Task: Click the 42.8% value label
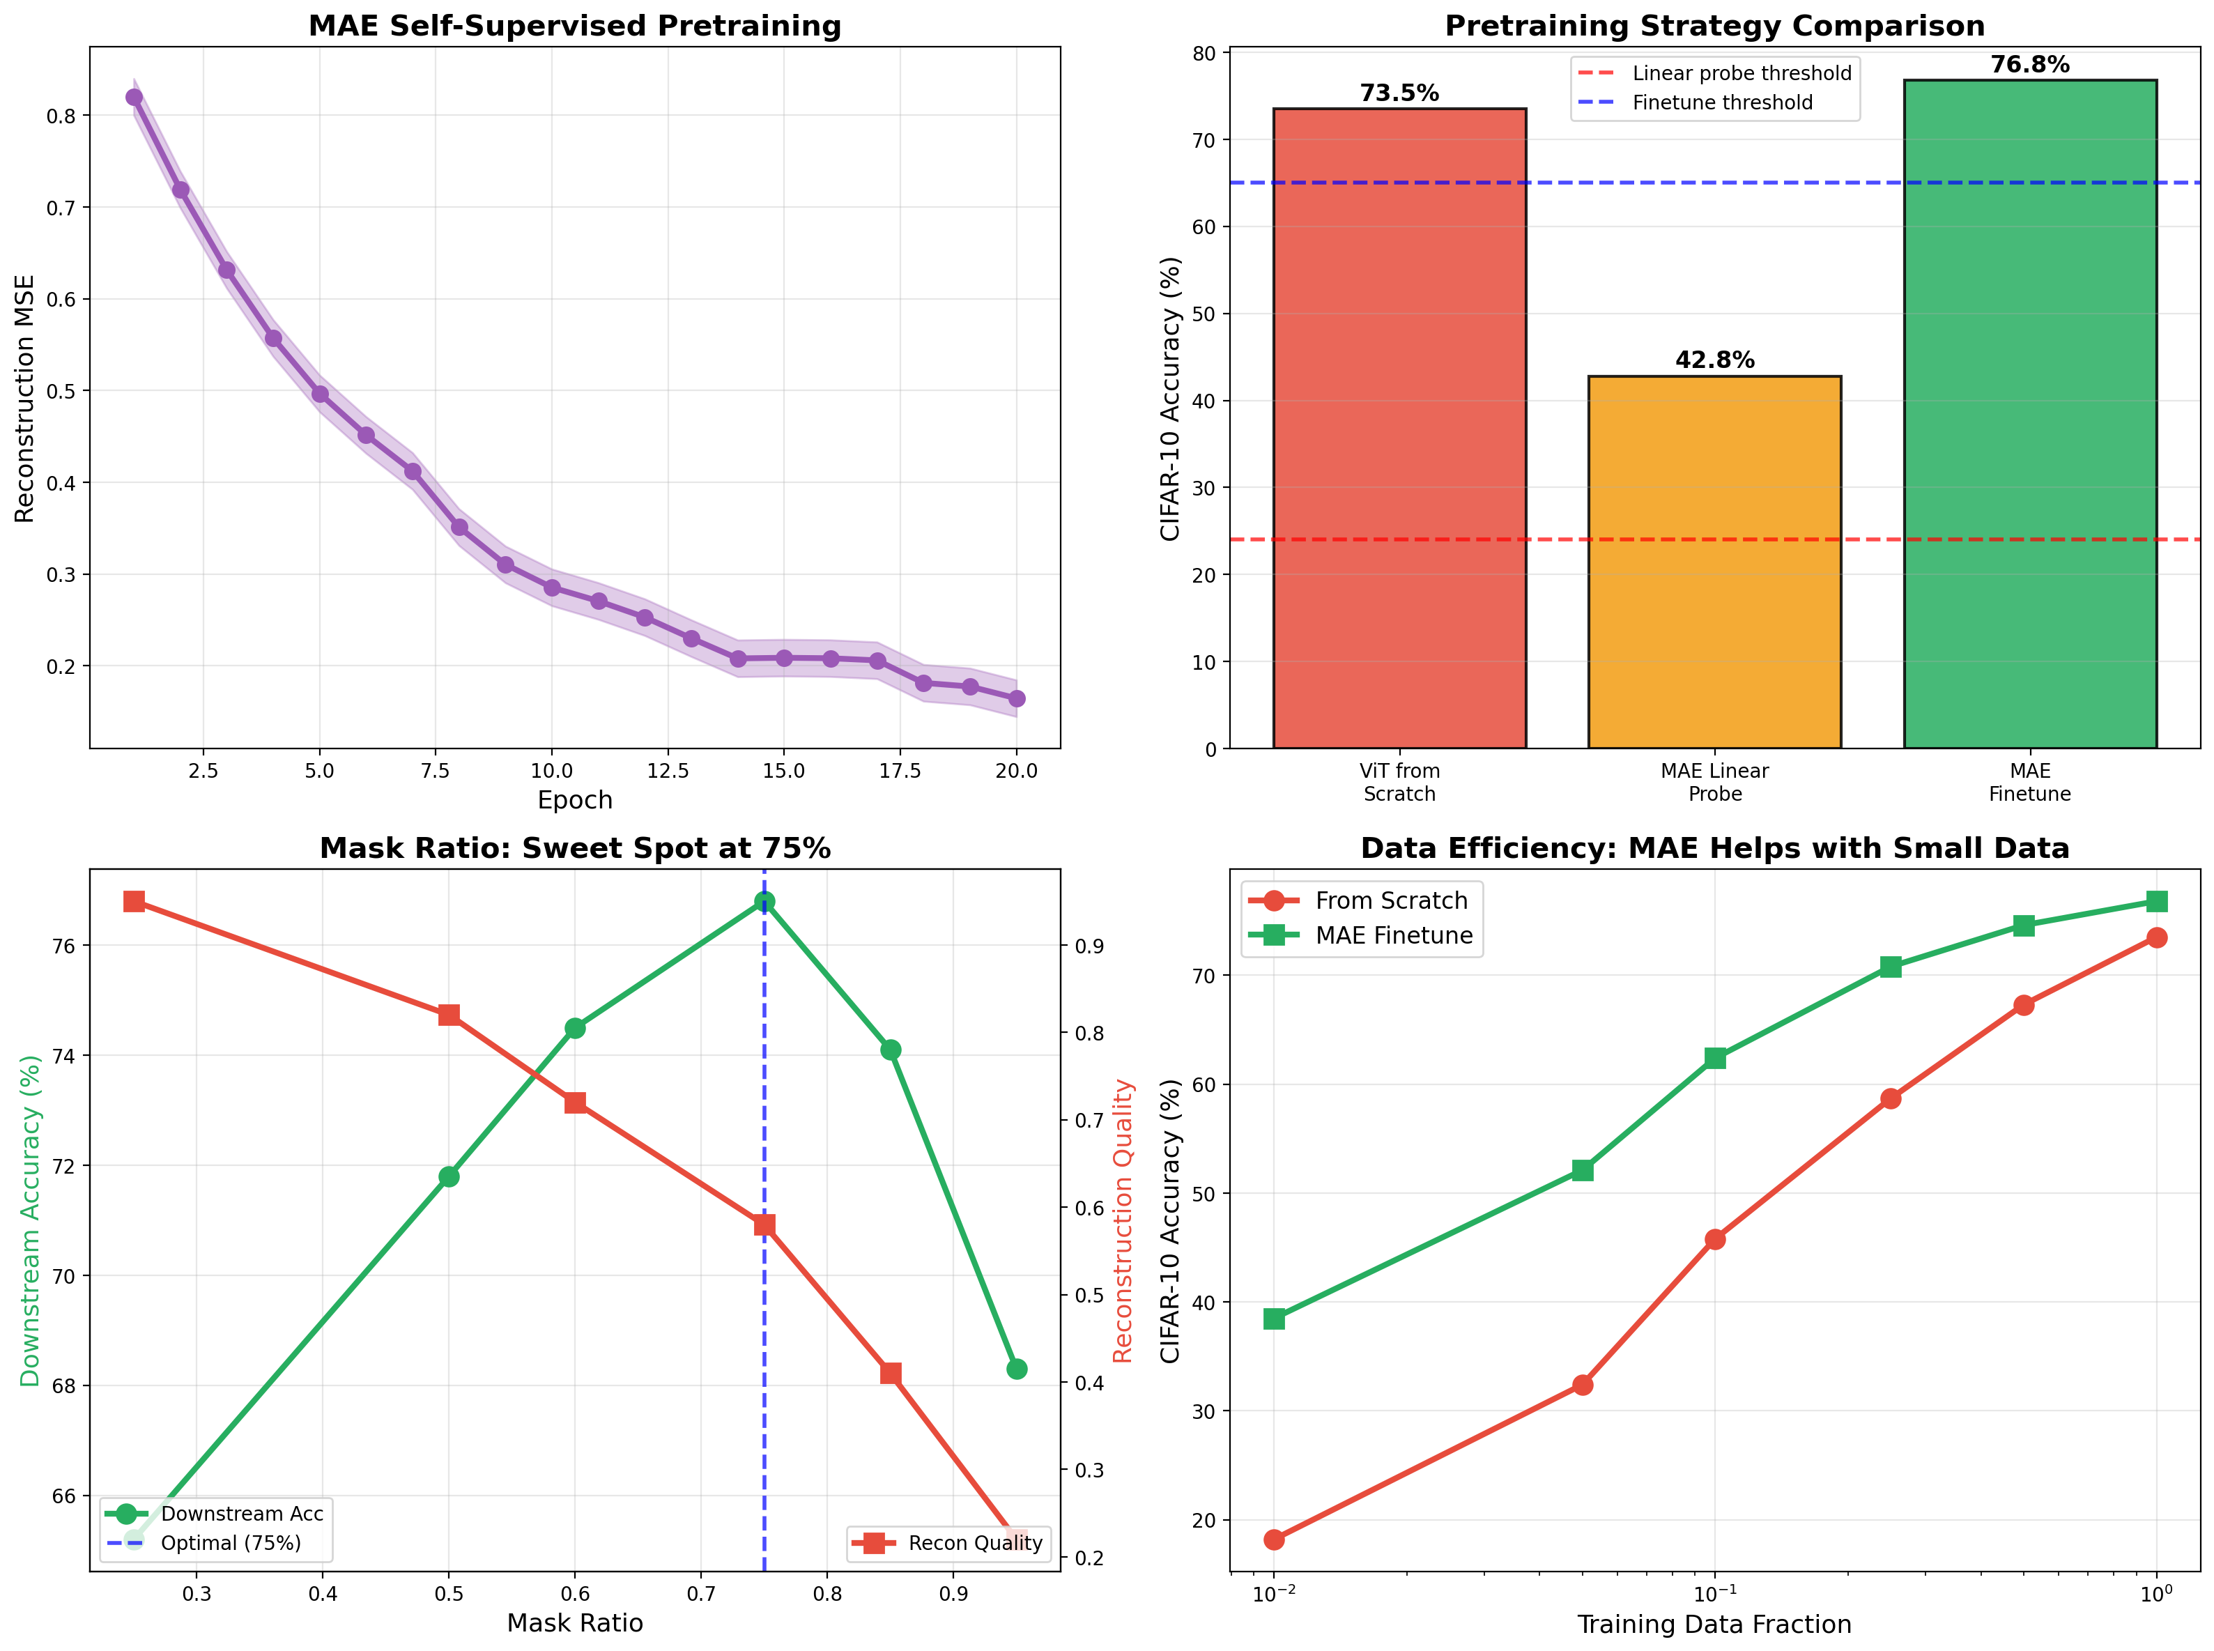pos(1714,360)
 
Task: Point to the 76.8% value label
pos(2029,65)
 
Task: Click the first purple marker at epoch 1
pos(134,97)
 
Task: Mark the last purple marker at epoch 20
pos(1016,698)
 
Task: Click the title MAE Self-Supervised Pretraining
pos(574,26)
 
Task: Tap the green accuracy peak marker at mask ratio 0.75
pos(764,901)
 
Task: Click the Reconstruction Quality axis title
pos(1122,1220)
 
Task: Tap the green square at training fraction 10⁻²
pos(1274,1319)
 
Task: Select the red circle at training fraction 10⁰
pos(2156,937)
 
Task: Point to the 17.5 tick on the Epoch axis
pos(900,771)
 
